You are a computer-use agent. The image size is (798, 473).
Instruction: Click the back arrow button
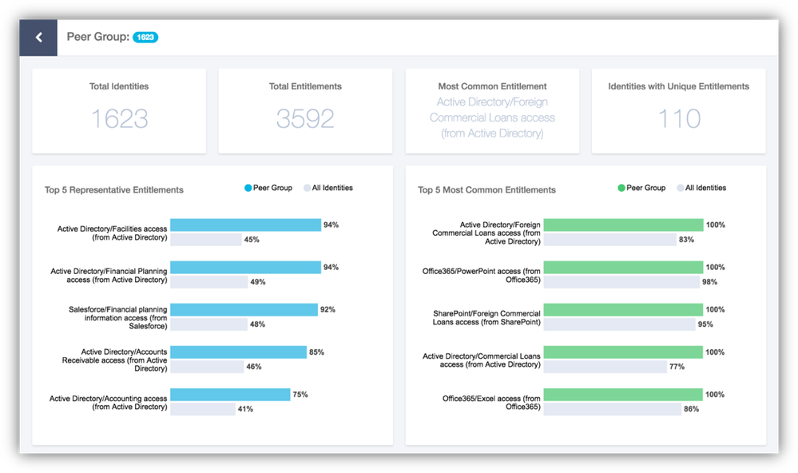click(38, 38)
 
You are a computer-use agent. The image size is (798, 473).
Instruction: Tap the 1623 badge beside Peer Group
click(145, 37)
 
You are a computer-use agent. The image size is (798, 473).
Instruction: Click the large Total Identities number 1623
click(119, 118)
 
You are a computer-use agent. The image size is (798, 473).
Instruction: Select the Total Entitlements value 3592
click(305, 118)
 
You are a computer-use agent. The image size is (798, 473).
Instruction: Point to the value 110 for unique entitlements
click(678, 118)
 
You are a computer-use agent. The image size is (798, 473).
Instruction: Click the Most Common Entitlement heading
click(492, 86)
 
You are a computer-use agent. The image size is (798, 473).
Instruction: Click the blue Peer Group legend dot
click(248, 189)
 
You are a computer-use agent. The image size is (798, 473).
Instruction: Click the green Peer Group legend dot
click(621, 189)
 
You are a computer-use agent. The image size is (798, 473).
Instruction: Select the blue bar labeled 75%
click(230, 395)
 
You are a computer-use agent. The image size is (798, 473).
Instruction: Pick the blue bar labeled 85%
click(238, 352)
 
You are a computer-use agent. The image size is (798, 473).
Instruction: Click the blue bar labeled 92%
click(244, 310)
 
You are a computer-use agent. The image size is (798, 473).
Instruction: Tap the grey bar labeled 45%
click(206, 240)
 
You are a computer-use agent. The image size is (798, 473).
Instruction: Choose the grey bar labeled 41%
click(202, 409)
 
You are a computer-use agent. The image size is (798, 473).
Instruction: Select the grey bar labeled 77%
click(605, 367)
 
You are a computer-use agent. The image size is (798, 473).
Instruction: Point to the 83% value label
click(686, 240)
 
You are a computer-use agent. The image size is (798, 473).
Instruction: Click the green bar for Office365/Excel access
click(623, 395)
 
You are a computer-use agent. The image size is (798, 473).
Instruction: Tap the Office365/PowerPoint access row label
click(481, 276)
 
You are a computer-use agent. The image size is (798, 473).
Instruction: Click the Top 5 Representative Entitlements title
click(114, 190)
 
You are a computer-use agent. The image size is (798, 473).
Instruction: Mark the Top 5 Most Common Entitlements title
click(486, 190)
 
